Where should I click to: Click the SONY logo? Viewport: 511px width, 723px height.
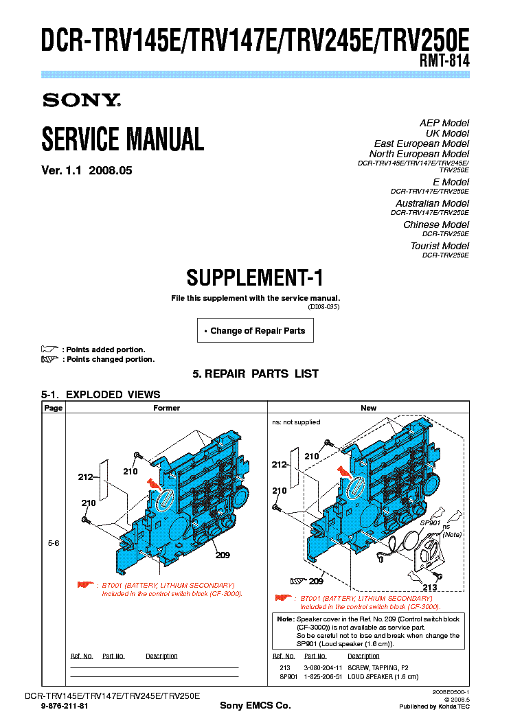point(81,100)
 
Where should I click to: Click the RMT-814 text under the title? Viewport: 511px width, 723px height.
point(444,60)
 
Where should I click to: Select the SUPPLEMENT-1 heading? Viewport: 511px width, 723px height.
point(255,278)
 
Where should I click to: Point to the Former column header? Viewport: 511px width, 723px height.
point(166,408)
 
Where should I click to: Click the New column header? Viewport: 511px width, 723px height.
point(369,408)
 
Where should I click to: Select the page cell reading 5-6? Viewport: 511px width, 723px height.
point(53,543)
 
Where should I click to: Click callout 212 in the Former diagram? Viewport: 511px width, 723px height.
point(86,476)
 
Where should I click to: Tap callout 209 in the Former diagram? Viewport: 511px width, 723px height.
point(222,555)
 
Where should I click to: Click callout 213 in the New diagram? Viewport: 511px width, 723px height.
point(430,587)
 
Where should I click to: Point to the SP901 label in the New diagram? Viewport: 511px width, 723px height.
point(429,523)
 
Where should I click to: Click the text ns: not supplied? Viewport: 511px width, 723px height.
point(296,422)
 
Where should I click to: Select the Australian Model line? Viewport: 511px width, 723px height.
point(432,203)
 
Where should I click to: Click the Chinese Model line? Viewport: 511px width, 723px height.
point(436,225)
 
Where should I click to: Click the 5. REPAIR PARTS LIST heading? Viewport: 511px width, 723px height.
point(255,374)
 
